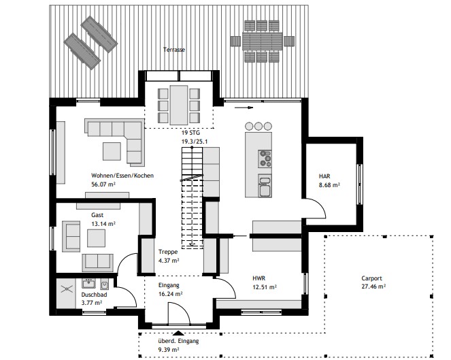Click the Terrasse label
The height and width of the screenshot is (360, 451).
[173, 50]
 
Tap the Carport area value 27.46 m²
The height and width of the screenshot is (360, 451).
[373, 287]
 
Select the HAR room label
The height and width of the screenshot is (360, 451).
[324, 176]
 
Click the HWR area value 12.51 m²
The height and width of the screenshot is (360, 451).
[265, 287]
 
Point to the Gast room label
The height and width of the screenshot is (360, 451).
[97, 215]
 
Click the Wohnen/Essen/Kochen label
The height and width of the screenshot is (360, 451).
[122, 176]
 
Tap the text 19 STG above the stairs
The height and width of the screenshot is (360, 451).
[190, 133]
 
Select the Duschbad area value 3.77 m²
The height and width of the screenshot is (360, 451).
[92, 303]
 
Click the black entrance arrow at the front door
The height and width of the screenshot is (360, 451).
[178, 333]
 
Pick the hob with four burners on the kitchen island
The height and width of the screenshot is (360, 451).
[265, 159]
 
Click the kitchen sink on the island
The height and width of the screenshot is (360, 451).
[265, 186]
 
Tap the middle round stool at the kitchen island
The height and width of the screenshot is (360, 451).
[258, 126]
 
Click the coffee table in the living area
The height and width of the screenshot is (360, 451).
[112, 151]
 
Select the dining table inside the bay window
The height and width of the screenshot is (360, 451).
[179, 105]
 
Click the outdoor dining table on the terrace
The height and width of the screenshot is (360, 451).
[263, 41]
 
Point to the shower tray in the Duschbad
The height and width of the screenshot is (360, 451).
[66, 293]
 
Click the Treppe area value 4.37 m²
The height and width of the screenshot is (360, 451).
[169, 261]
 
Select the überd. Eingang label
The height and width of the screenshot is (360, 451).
[178, 341]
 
